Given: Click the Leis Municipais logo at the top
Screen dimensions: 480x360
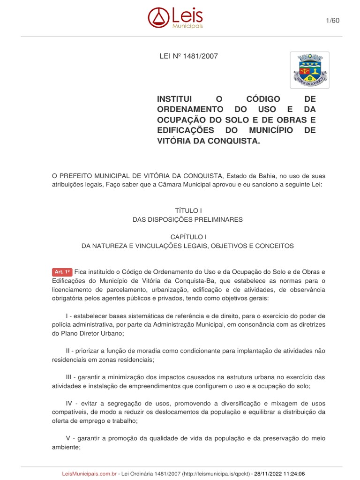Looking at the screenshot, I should coord(175,18).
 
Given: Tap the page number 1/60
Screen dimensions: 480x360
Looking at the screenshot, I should coord(332,20).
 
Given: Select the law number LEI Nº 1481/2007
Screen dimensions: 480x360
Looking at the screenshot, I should coord(189,56).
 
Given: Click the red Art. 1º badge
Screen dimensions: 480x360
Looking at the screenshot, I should coord(62,272).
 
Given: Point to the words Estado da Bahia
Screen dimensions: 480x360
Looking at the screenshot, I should coord(247,176).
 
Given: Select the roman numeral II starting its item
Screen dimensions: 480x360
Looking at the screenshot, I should coord(68,351).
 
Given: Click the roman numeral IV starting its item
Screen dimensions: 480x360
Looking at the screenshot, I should coord(69,403).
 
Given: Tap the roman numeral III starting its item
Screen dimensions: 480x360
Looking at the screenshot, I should coord(69,377).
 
